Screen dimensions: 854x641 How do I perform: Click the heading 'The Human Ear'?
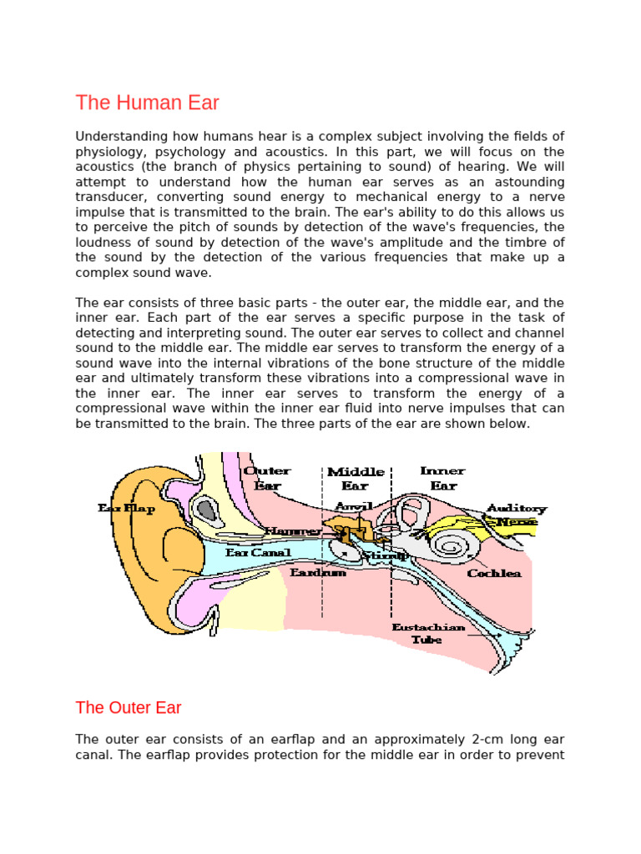point(147,103)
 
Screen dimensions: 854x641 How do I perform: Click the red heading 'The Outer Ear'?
point(128,708)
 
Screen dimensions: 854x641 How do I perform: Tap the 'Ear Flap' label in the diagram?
point(127,509)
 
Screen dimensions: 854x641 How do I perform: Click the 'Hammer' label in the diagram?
point(293,530)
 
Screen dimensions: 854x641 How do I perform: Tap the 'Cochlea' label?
point(494,573)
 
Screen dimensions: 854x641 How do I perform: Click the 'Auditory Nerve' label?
point(516,515)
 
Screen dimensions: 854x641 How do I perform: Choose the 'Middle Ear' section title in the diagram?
point(356,478)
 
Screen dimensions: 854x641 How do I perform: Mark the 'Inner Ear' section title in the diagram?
point(442,478)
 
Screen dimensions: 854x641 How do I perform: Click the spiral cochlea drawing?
point(452,547)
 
